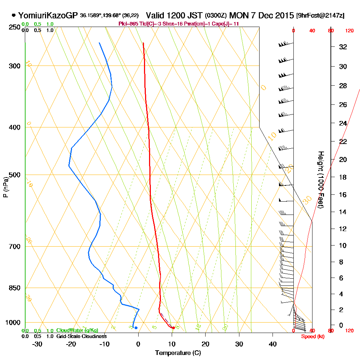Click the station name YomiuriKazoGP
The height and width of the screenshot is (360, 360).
tap(47, 15)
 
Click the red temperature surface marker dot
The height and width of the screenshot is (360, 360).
tap(174, 328)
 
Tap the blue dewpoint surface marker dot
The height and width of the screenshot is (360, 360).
tap(136, 328)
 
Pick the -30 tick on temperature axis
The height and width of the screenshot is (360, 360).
tap(37, 344)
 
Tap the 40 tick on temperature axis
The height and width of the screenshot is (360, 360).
tap(273, 344)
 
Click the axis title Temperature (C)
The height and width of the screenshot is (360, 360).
tap(178, 353)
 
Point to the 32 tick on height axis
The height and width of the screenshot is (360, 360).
tap(343, 47)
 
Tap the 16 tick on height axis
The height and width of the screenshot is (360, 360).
tap(343, 195)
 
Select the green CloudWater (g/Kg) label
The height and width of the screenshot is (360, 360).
tap(77, 330)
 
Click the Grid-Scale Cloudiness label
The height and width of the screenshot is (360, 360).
tap(81, 336)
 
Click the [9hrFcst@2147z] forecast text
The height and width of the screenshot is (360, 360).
tap(320, 16)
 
